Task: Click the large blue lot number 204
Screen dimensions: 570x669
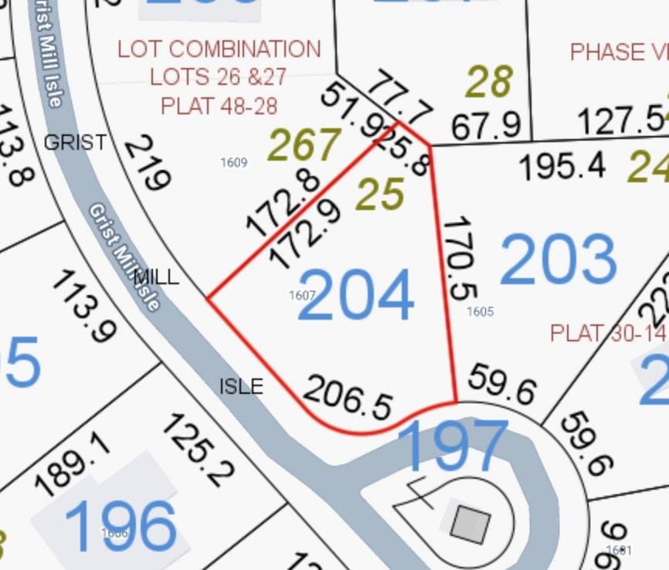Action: pyautogui.click(x=355, y=294)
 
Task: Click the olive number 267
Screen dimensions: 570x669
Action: pyautogui.click(x=304, y=144)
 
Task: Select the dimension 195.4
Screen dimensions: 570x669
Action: pyautogui.click(x=564, y=165)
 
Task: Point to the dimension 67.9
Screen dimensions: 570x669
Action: pyautogui.click(x=487, y=126)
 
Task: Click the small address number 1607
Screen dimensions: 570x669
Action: pyautogui.click(x=302, y=295)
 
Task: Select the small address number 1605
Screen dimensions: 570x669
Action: pyautogui.click(x=480, y=311)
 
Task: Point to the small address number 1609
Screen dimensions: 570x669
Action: pyautogui.click(x=233, y=162)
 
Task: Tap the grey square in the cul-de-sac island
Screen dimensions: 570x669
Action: pyautogui.click(x=470, y=524)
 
